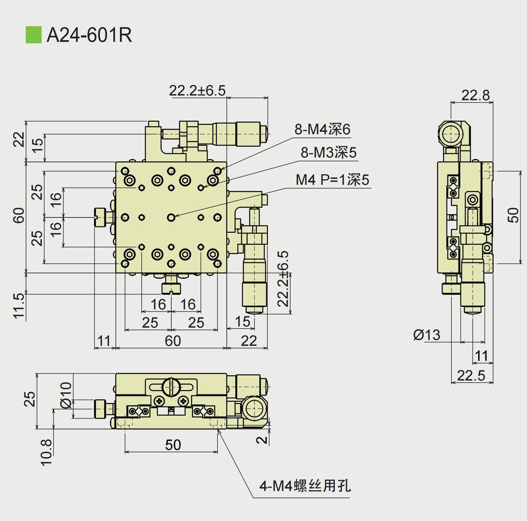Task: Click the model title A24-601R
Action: (89, 35)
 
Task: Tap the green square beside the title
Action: (33, 35)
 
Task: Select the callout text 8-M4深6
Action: (322, 129)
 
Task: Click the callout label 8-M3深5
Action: (328, 153)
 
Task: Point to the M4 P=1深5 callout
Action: (332, 180)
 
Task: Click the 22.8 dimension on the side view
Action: (475, 95)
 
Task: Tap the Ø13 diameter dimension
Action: (427, 335)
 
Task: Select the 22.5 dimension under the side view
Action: (471, 376)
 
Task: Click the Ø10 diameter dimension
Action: (66, 395)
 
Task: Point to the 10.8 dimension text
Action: (46, 453)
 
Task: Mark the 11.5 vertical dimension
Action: (19, 306)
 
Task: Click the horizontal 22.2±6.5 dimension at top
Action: (197, 91)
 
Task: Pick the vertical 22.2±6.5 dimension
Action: (283, 279)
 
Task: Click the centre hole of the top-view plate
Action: (171, 217)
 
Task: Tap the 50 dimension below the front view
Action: (173, 445)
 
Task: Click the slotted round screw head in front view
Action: (171, 386)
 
